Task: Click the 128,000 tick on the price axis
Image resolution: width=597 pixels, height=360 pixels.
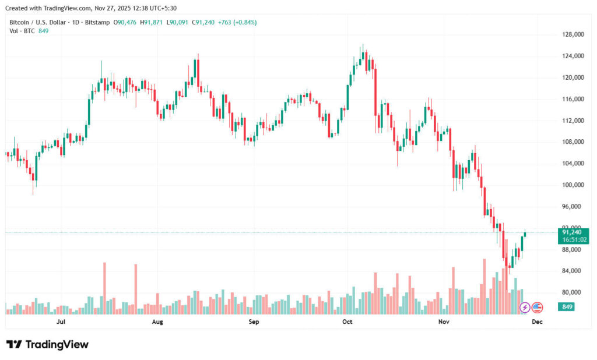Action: (573, 34)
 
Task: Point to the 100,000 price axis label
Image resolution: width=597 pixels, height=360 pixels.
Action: (573, 185)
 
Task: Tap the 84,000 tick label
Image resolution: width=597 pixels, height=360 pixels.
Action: (573, 271)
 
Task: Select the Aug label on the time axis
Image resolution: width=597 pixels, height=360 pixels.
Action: (157, 322)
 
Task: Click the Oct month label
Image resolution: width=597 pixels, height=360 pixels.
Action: (347, 322)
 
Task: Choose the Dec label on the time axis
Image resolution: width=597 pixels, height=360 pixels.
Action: (538, 322)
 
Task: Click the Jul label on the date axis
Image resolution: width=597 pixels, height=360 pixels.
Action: (61, 322)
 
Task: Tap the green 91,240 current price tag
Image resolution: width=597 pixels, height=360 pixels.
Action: (573, 232)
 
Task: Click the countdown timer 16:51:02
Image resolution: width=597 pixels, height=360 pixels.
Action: (573, 239)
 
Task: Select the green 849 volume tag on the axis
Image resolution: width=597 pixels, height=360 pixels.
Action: (566, 306)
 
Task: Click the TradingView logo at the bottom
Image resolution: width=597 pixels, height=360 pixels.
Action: (48, 344)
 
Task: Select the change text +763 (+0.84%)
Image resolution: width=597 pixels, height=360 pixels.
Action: (237, 22)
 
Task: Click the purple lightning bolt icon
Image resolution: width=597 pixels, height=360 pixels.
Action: (525, 307)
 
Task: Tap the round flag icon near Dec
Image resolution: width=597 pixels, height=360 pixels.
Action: (537, 307)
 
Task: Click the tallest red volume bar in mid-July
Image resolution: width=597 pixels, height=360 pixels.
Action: (104, 288)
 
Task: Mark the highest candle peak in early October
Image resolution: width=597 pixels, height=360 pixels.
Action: (363, 45)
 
